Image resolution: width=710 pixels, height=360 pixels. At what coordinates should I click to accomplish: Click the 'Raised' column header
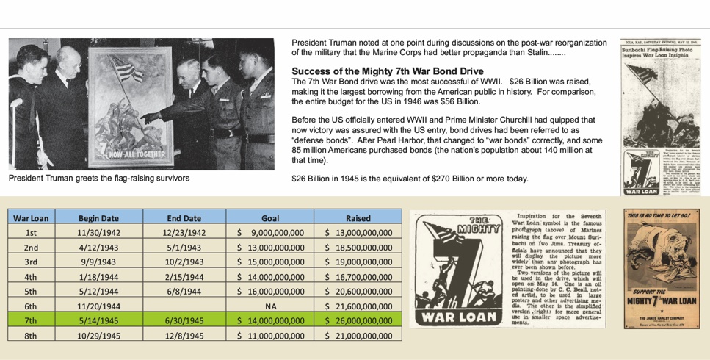(358, 218)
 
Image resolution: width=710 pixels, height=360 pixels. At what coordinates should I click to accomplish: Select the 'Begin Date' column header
(98, 218)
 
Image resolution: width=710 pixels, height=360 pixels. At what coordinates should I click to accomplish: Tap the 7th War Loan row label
(31, 320)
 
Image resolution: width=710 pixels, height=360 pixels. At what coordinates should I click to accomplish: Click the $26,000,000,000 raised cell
(358, 320)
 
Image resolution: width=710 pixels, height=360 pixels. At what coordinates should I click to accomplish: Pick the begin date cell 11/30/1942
(98, 233)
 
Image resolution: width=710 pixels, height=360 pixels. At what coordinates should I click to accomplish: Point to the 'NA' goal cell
(270, 306)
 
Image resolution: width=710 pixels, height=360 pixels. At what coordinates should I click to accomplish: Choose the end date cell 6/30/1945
(184, 320)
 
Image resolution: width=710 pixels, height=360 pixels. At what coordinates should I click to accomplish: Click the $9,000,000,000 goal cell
(270, 233)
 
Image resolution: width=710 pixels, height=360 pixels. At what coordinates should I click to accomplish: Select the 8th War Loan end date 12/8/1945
(184, 335)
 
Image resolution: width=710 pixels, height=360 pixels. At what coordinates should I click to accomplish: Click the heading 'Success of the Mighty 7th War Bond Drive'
(377, 71)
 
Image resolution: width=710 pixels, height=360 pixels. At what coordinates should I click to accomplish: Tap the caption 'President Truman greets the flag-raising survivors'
(99, 178)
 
